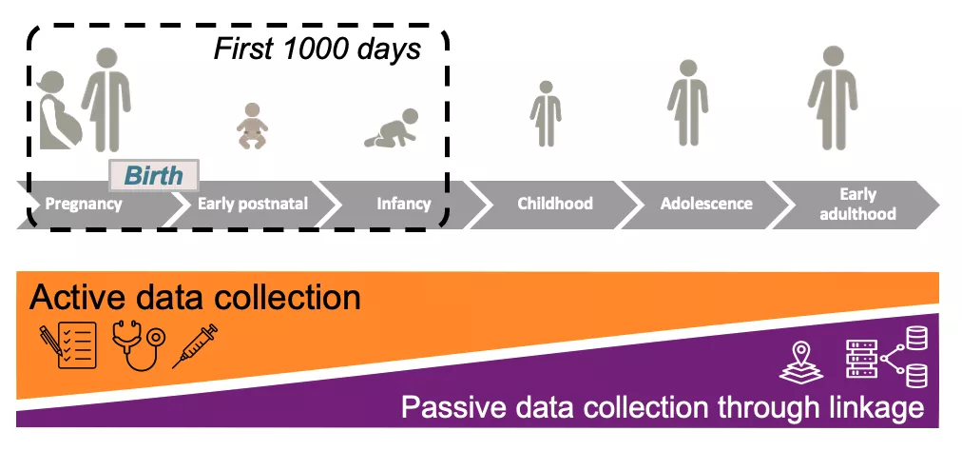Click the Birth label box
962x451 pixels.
pos(154,175)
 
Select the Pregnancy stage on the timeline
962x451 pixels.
pos(85,204)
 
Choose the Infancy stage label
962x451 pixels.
pos(403,204)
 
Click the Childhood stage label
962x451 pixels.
pos(555,204)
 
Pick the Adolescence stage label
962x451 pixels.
pos(706,204)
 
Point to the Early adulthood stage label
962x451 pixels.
pos(857,204)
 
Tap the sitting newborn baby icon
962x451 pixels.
pos(251,126)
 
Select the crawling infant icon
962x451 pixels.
pos(390,133)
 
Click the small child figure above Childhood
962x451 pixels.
pos(546,113)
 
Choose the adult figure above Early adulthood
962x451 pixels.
pos(834,95)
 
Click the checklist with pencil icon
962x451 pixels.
pos(68,346)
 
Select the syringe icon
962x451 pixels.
pos(195,345)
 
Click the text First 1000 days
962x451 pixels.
pos(317,49)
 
